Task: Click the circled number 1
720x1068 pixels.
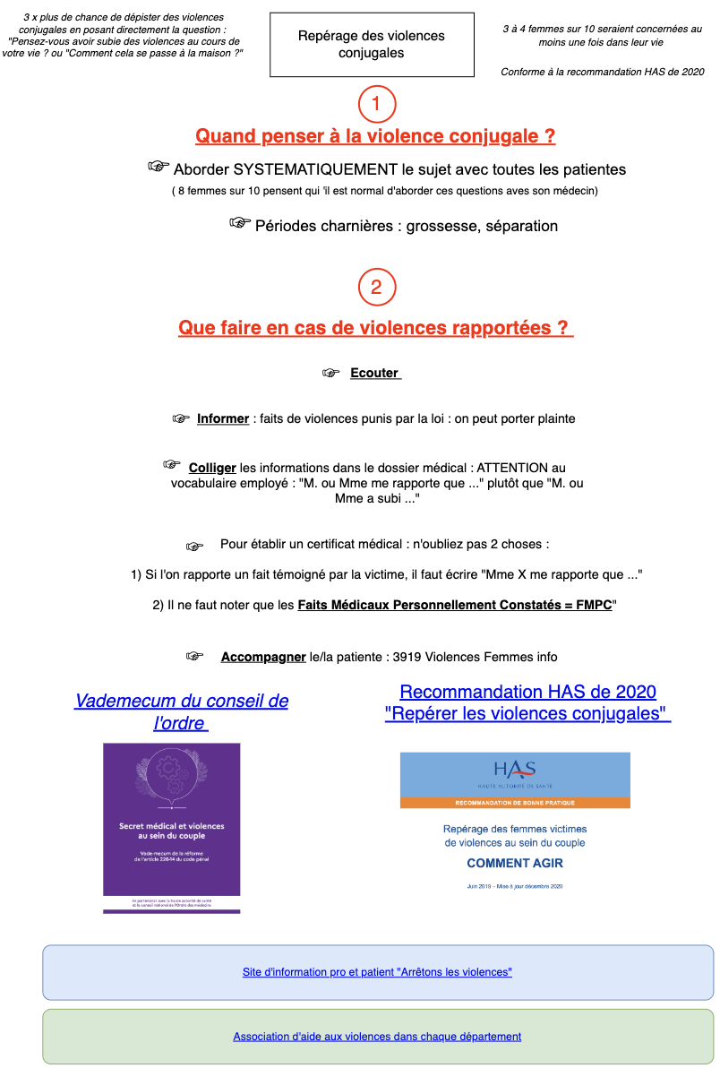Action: (376, 104)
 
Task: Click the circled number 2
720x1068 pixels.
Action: (376, 287)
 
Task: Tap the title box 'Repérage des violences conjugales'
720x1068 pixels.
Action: (372, 45)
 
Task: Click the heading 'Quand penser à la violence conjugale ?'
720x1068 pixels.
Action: (375, 136)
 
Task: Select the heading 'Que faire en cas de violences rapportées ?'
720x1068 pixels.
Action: (375, 328)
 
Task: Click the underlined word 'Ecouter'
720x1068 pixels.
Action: (374, 374)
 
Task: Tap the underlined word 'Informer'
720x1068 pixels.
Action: (223, 418)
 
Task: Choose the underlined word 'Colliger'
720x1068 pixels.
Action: (212, 468)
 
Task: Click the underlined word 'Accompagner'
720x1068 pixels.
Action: (263, 657)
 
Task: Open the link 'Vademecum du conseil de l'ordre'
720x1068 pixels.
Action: (182, 711)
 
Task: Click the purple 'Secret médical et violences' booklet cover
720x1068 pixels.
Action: (172, 827)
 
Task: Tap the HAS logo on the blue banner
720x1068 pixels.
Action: (515, 771)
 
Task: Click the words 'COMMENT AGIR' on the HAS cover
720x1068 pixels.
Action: (515, 864)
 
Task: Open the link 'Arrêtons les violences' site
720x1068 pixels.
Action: (377, 972)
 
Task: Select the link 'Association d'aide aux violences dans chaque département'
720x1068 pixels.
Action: (377, 1037)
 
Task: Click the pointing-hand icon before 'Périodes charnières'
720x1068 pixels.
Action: (239, 223)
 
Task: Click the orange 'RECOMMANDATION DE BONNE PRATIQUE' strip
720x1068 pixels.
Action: (515, 802)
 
